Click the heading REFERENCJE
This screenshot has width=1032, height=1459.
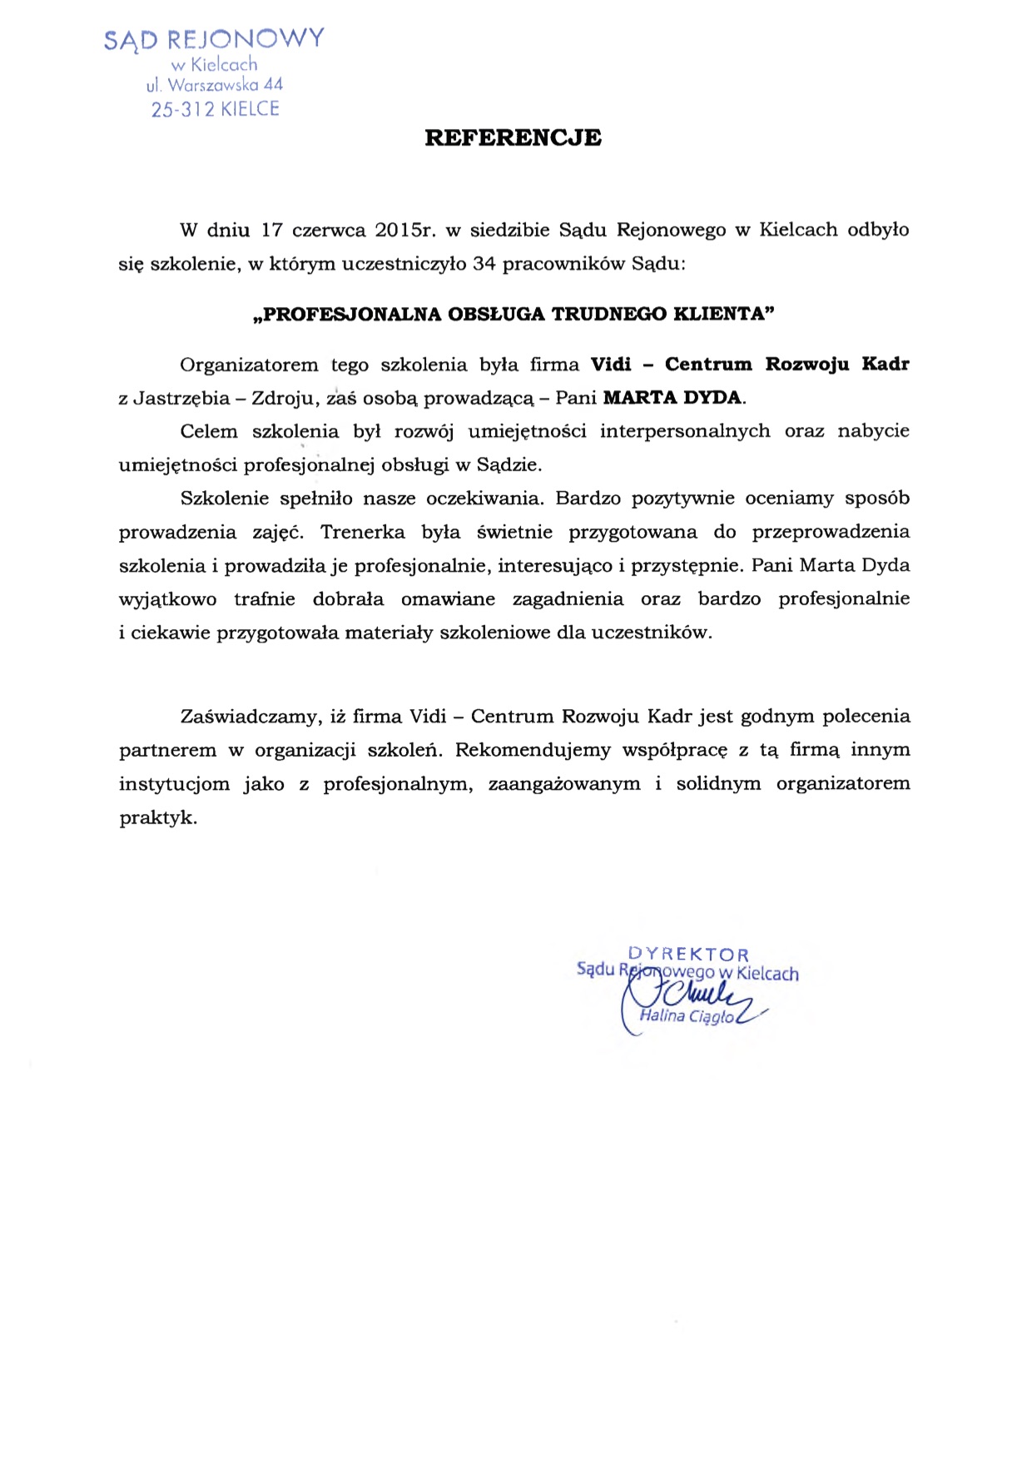point(513,138)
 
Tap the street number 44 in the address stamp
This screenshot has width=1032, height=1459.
point(273,85)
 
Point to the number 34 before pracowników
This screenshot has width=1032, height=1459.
point(484,265)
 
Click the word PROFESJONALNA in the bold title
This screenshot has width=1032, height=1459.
point(348,314)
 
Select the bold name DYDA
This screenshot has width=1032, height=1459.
point(712,398)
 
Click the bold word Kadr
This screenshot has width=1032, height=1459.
point(886,365)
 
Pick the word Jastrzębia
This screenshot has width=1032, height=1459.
point(181,399)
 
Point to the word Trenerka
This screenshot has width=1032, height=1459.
point(362,532)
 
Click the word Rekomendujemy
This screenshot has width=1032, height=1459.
point(533,750)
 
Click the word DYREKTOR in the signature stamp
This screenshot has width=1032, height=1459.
point(688,954)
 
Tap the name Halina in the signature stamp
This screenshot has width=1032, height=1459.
point(662,1015)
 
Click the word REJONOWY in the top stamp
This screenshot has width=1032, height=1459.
point(246,39)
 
